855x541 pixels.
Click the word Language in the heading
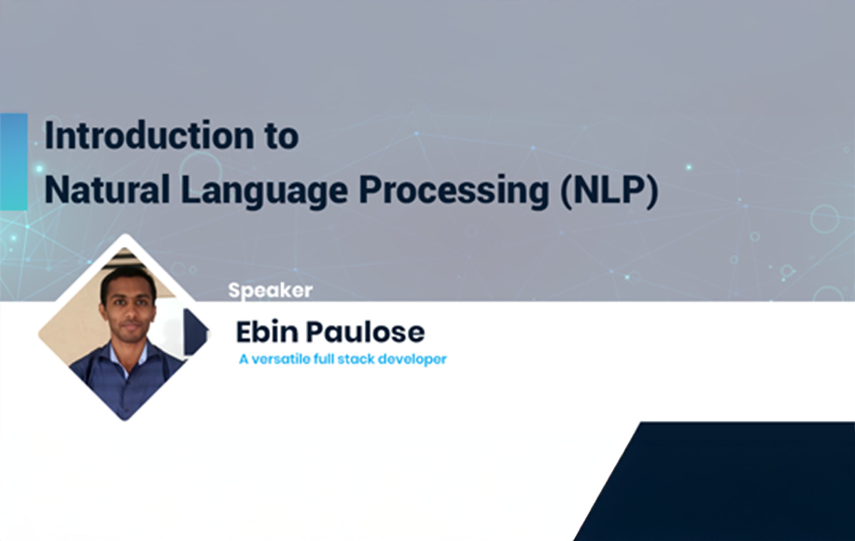pos(264,192)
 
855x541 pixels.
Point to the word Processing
pos(454,192)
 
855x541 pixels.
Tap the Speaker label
pos(270,291)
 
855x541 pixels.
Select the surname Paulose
pos(365,332)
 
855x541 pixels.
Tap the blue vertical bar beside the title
pos(14,162)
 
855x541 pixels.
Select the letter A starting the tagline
pos(244,359)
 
